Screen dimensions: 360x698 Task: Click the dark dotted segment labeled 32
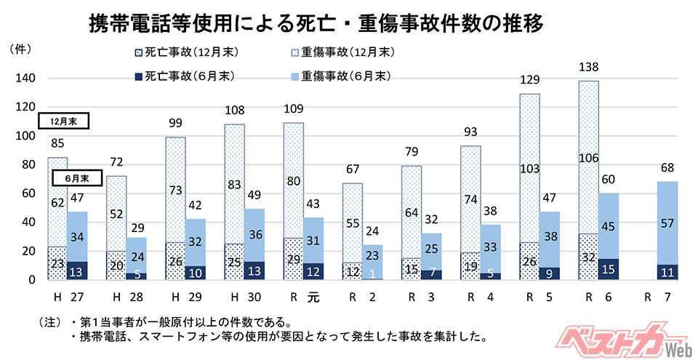click(589, 257)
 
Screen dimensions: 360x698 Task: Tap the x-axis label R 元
click(303, 298)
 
